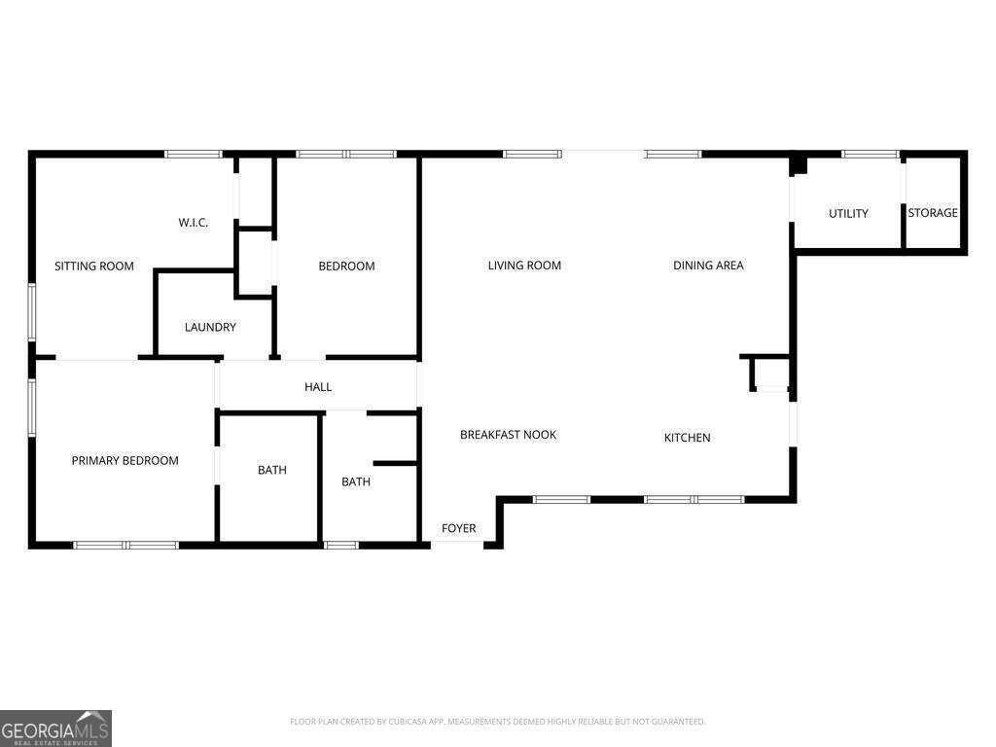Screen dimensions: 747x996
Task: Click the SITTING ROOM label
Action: tap(94, 266)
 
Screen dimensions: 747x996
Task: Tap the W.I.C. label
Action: tap(194, 223)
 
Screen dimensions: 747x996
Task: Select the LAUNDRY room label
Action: tap(210, 327)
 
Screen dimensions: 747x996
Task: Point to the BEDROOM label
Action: tap(346, 266)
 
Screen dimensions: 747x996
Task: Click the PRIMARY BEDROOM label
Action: tap(124, 460)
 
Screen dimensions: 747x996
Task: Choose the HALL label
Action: tap(318, 386)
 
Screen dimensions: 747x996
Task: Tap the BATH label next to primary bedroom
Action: tap(272, 470)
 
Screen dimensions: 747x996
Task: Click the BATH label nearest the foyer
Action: tap(356, 480)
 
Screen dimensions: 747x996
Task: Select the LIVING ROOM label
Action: tap(524, 265)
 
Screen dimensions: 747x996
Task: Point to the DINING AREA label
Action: tap(708, 265)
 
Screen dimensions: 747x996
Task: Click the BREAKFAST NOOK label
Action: tap(508, 434)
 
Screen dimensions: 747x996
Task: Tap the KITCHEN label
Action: tap(687, 437)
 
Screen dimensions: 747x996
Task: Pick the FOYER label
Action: tap(459, 528)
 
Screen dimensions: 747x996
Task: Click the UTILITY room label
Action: tap(848, 213)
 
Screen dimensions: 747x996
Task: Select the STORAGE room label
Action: tap(933, 212)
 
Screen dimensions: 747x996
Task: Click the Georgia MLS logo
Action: tap(56, 728)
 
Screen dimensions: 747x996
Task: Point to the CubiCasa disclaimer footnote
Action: tap(497, 722)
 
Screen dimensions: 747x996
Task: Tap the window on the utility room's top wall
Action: tap(871, 154)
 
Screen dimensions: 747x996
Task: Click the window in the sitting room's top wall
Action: tap(193, 154)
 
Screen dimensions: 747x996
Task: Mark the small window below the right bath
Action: tap(341, 545)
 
